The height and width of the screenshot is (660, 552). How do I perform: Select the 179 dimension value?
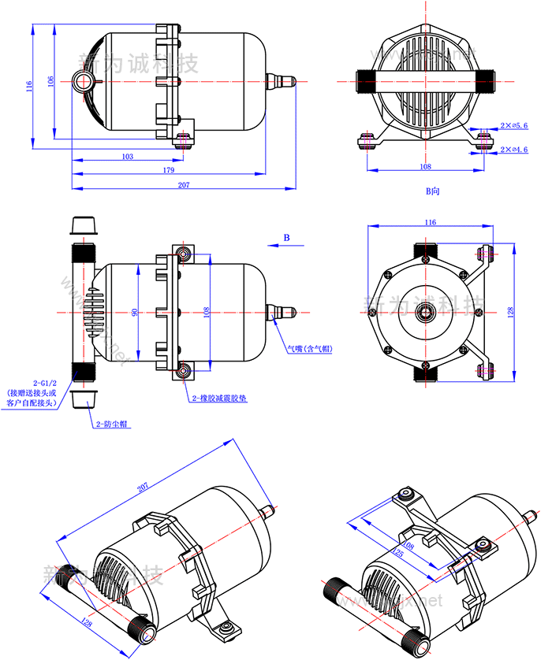point(169,170)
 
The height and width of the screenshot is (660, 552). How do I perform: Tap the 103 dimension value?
point(127,157)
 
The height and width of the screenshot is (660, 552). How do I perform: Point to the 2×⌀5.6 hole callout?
point(513,126)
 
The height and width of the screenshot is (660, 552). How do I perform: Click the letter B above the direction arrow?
point(287,237)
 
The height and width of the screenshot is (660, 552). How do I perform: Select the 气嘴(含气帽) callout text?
point(310,347)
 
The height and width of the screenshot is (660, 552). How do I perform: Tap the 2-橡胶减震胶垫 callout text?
point(218,399)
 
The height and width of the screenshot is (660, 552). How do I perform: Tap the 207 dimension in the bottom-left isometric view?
point(143,488)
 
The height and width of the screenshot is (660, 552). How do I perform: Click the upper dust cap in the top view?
point(84,227)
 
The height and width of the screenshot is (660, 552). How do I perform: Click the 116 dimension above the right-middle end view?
point(430,223)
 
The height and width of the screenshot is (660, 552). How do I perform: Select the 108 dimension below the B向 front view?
point(425,166)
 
